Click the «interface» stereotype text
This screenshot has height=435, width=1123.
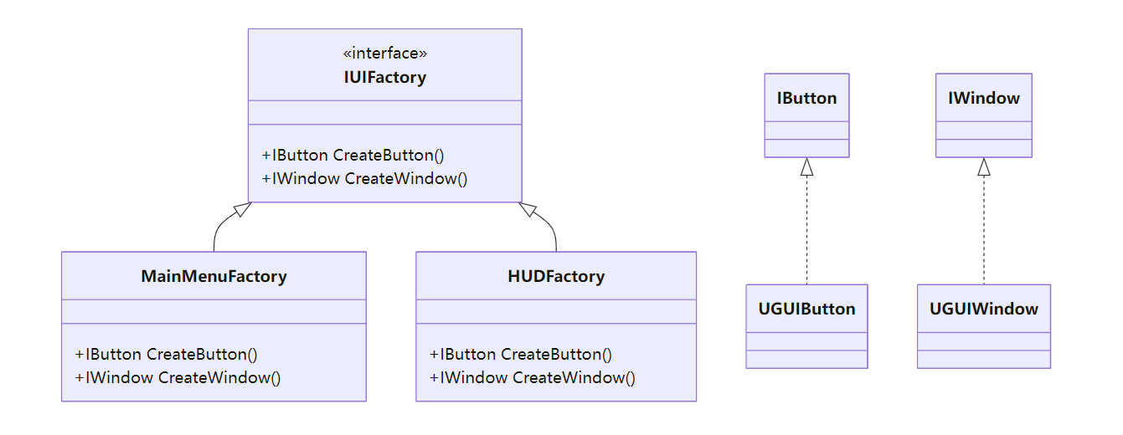384,54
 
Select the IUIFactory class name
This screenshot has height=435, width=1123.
384,78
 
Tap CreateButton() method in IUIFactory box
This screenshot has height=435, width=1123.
353,155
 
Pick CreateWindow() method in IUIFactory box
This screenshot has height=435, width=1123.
364,178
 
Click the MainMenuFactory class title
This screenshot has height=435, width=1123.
214,276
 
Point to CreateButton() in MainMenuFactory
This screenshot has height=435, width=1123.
166,354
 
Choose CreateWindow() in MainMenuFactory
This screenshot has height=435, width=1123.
178,377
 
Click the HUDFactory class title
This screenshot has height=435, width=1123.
556,276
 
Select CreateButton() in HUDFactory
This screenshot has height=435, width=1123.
521,354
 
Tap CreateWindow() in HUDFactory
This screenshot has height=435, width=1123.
533,377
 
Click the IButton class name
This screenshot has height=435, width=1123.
806,98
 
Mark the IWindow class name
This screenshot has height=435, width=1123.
983,98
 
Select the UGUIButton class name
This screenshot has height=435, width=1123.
806,309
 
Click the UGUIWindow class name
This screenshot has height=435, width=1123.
983,309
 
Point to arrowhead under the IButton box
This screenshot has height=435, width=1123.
806,167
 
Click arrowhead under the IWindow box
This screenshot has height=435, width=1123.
984,167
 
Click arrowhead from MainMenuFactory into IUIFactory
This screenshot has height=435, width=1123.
242,209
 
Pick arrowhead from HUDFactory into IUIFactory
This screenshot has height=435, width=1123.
528,209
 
